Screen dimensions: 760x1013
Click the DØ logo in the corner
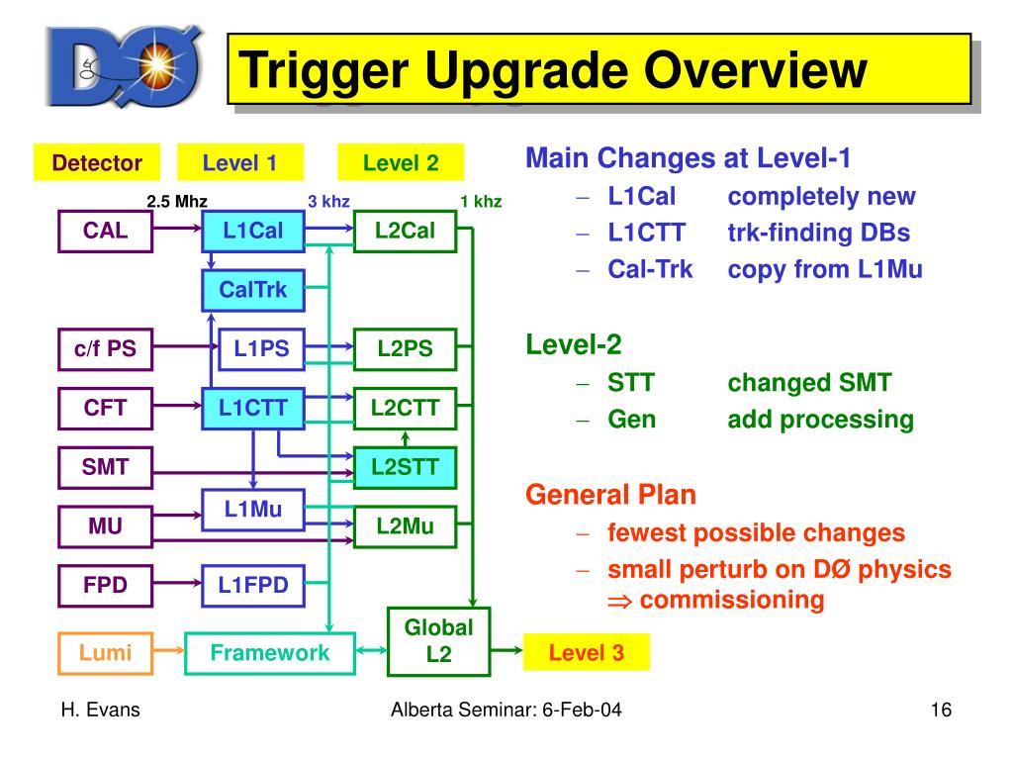(x=125, y=67)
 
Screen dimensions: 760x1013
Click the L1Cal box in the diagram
(x=253, y=232)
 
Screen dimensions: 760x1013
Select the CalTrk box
(x=253, y=290)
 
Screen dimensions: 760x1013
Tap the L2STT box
(x=405, y=467)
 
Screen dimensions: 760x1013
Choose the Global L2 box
(x=438, y=640)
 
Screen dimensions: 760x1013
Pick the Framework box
(x=270, y=652)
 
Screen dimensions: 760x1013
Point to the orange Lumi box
(x=106, y=651)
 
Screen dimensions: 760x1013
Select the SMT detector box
(x=106, y=466)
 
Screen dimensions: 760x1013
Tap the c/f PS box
(x=106, y=347)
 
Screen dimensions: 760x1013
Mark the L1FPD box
(x=253, y=585)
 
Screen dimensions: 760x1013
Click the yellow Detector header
(x=97, y=163)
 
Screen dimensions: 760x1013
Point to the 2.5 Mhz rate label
(x=177, y=202)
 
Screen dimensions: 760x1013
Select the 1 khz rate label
(x=481, y=202)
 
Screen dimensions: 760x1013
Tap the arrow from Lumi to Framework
(x=168, y=651)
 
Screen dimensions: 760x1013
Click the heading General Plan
(x=610, y=495)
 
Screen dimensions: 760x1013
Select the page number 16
(x=940, y=710)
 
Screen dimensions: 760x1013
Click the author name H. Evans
(x=100, y=710)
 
